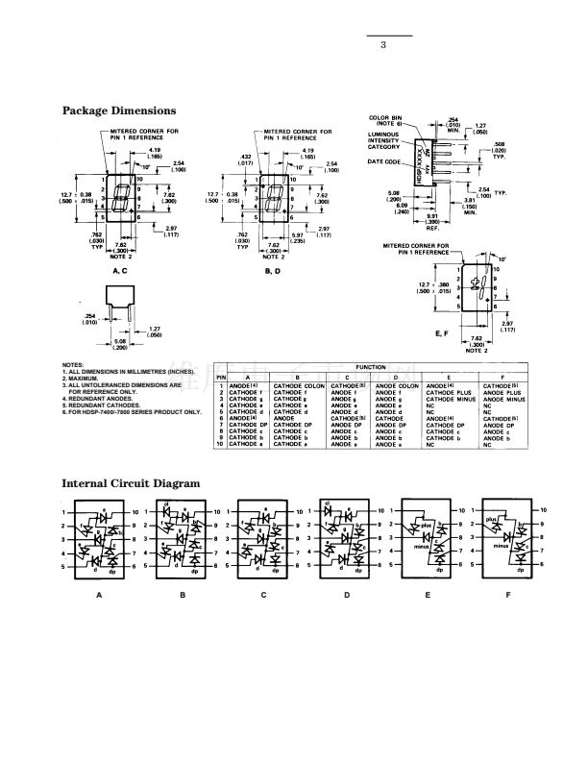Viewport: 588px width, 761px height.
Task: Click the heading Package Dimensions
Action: point(119,110)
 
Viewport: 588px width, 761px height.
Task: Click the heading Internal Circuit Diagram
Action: point(132,482)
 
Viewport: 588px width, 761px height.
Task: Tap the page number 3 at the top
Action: point(382,44)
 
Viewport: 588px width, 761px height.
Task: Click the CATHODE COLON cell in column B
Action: point(300,384)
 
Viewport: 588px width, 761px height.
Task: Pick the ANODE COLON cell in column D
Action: point(398,384)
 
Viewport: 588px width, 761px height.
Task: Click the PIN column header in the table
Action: point(220,377)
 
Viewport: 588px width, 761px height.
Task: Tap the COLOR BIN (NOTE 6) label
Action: point(384,120)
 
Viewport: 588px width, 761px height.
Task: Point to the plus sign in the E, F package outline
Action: point(475,284)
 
